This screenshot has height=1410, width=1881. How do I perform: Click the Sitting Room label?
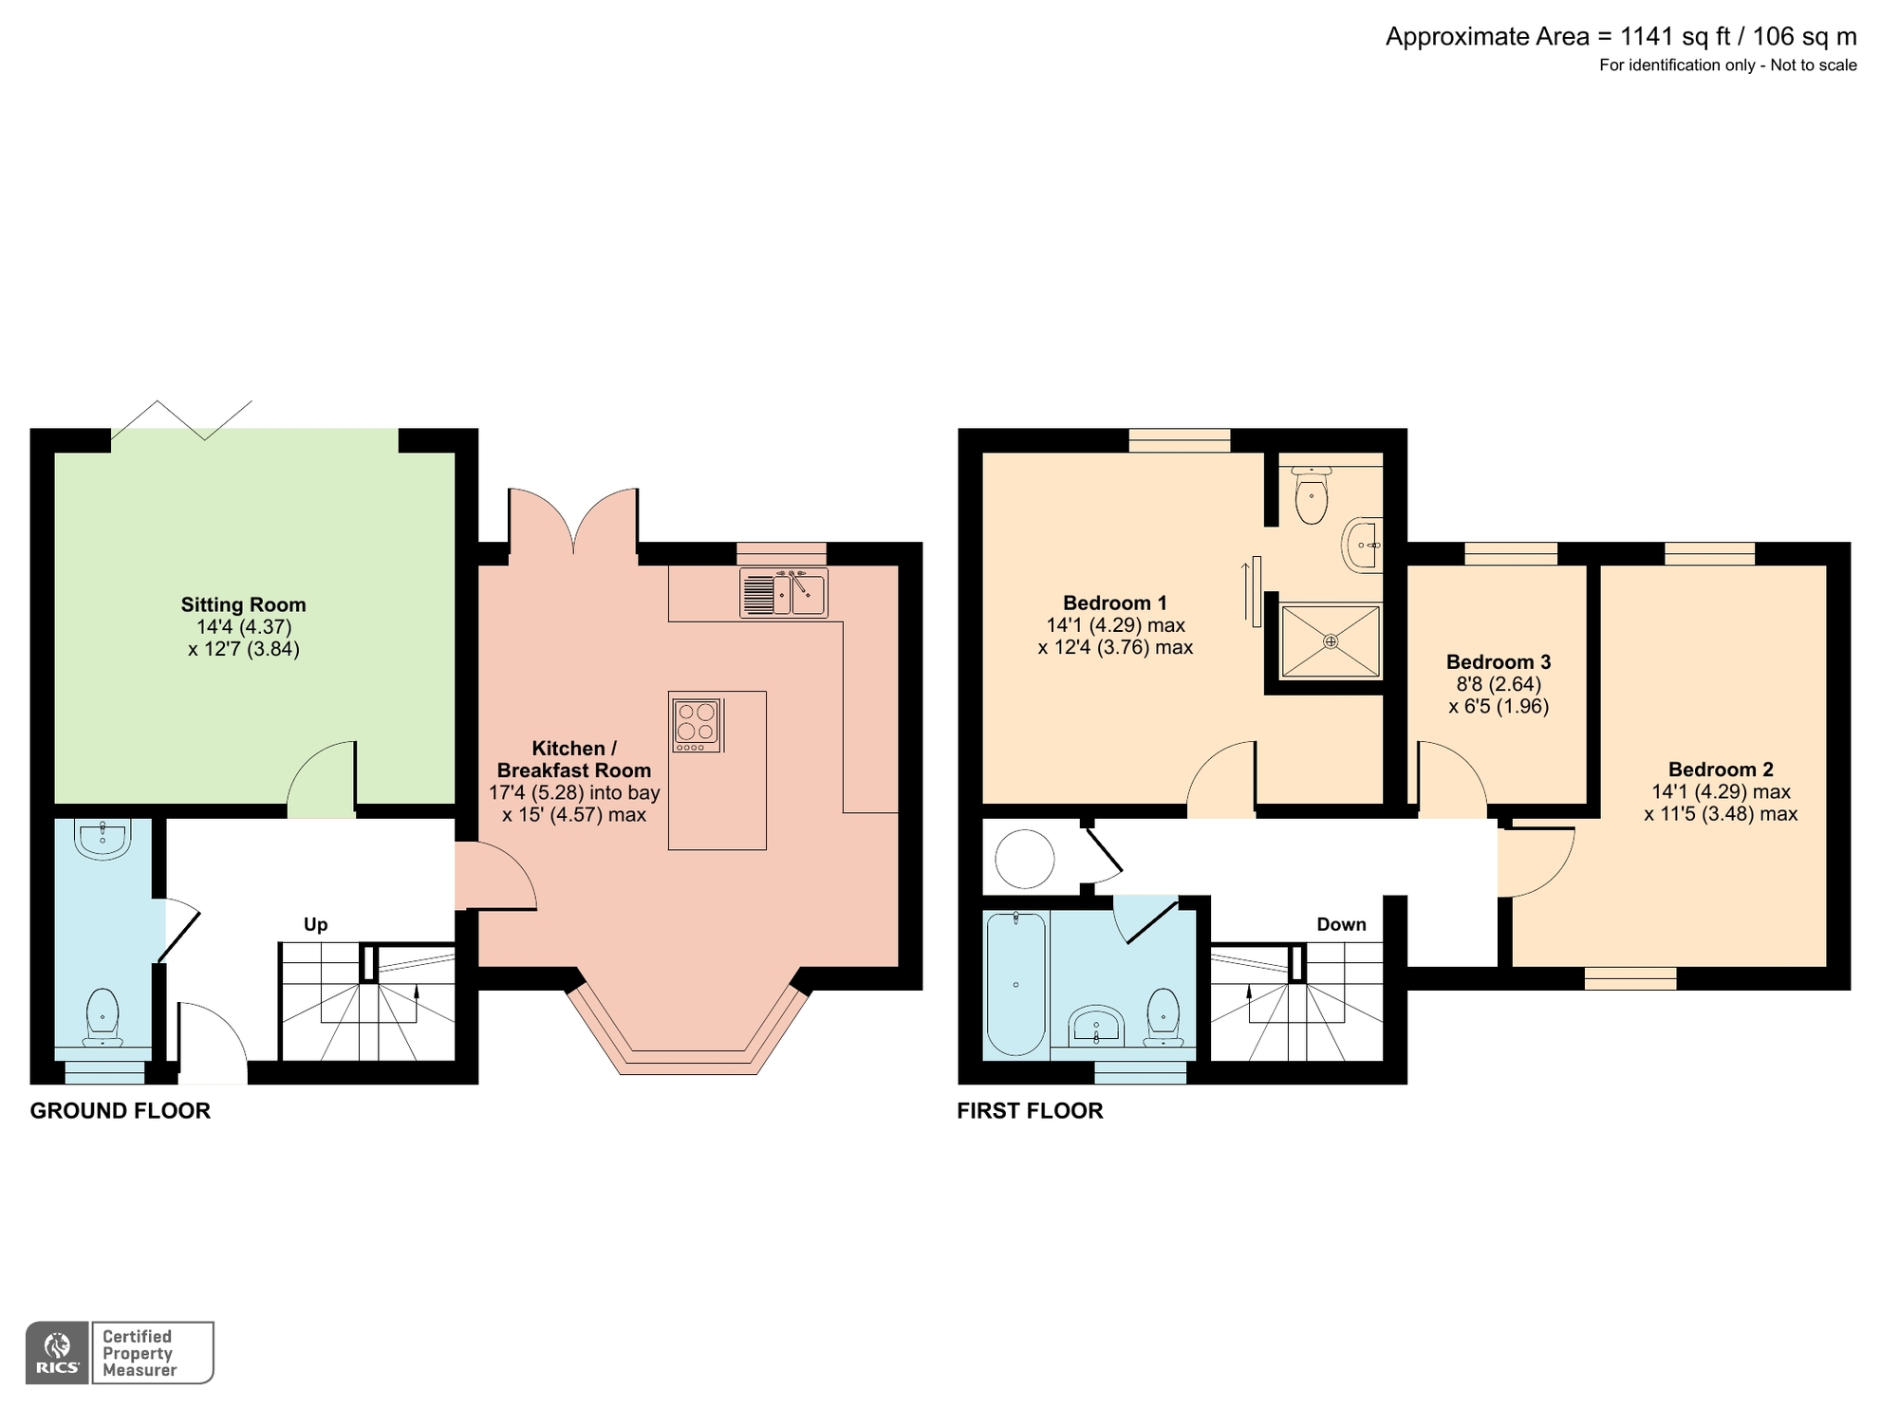[x=243, y=604]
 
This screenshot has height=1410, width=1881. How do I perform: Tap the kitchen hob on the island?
[x=697, y=724]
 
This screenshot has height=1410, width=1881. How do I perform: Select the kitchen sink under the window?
[x=784, y=593]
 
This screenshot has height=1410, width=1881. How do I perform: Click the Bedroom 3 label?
[x=1498, y=661]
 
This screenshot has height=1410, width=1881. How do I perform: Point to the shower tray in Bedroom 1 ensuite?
[x=1330, y=641]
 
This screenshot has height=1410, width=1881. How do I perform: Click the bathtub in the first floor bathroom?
[x=1015, y=983]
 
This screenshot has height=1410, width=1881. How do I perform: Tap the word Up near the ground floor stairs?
[x=315, y=924]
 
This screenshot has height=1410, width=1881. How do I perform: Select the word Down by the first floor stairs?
[x=1340, y=924]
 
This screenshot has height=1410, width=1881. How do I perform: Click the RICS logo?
[x=57, y=1352]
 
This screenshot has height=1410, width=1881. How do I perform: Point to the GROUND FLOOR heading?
[x=121, y=1110]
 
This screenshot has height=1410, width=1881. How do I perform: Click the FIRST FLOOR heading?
[x=1030, y=1110]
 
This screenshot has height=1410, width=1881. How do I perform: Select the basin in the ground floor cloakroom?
[x=102, y=839]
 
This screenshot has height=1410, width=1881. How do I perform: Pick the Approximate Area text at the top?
[x=1620, y=37]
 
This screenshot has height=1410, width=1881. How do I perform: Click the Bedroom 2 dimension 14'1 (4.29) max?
[x=1720, y=791]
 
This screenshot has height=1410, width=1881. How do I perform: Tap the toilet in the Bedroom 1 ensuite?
[x=1311, y=498]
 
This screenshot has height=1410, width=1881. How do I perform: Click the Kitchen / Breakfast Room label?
[x=574, y=759]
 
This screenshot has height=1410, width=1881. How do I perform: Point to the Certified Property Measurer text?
[x=139, y=1353]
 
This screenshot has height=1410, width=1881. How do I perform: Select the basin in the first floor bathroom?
[x=1096, y=1027]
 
